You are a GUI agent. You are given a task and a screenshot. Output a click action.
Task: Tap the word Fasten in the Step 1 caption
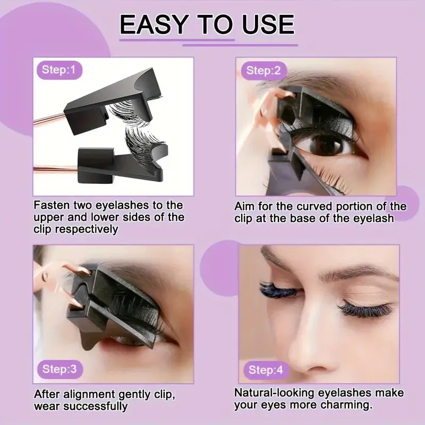pos(52,205)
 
